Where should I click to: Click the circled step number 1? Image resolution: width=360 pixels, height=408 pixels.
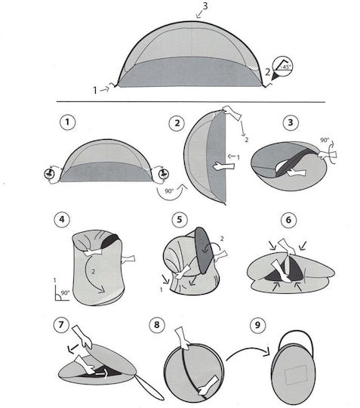point(68,122)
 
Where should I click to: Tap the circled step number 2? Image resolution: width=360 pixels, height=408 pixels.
point(177,123)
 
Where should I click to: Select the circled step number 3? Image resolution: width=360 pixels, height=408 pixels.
point(291,122)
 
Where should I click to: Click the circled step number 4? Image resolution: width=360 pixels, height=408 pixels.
point(62,219)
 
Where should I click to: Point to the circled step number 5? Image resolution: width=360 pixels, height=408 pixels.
point(180,219)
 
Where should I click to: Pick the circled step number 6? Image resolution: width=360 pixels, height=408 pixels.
point(289,220)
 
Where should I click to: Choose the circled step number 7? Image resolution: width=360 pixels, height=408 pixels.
point(61,325)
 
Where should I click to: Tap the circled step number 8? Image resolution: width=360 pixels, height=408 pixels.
point(157,325)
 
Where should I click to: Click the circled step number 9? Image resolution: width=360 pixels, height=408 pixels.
point(257,325)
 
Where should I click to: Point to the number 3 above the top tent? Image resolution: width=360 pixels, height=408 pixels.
point(205,6)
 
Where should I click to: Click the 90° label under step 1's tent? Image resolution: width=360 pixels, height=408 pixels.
point(169,191)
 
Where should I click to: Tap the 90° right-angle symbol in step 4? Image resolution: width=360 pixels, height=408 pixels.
point(62,294)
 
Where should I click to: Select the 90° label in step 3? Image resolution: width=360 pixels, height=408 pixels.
point(325,140)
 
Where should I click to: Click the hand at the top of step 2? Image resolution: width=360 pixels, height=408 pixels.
point(232,113)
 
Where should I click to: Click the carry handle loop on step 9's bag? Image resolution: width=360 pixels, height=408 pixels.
point(296,331)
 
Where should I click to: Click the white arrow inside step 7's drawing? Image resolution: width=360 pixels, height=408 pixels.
point(102,374)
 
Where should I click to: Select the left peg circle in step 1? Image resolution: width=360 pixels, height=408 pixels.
point(49,174)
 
